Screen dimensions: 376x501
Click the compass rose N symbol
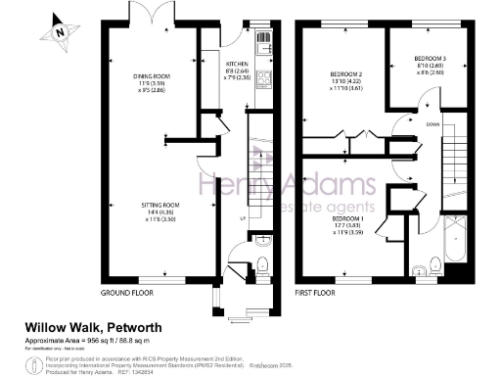point(60,31)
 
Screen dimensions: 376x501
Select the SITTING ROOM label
point(152,205)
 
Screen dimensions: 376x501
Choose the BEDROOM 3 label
point(430,59)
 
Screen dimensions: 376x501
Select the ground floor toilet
point(261,261)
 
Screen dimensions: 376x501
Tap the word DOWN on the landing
point(433,124)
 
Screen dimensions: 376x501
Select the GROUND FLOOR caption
point(127,293)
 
